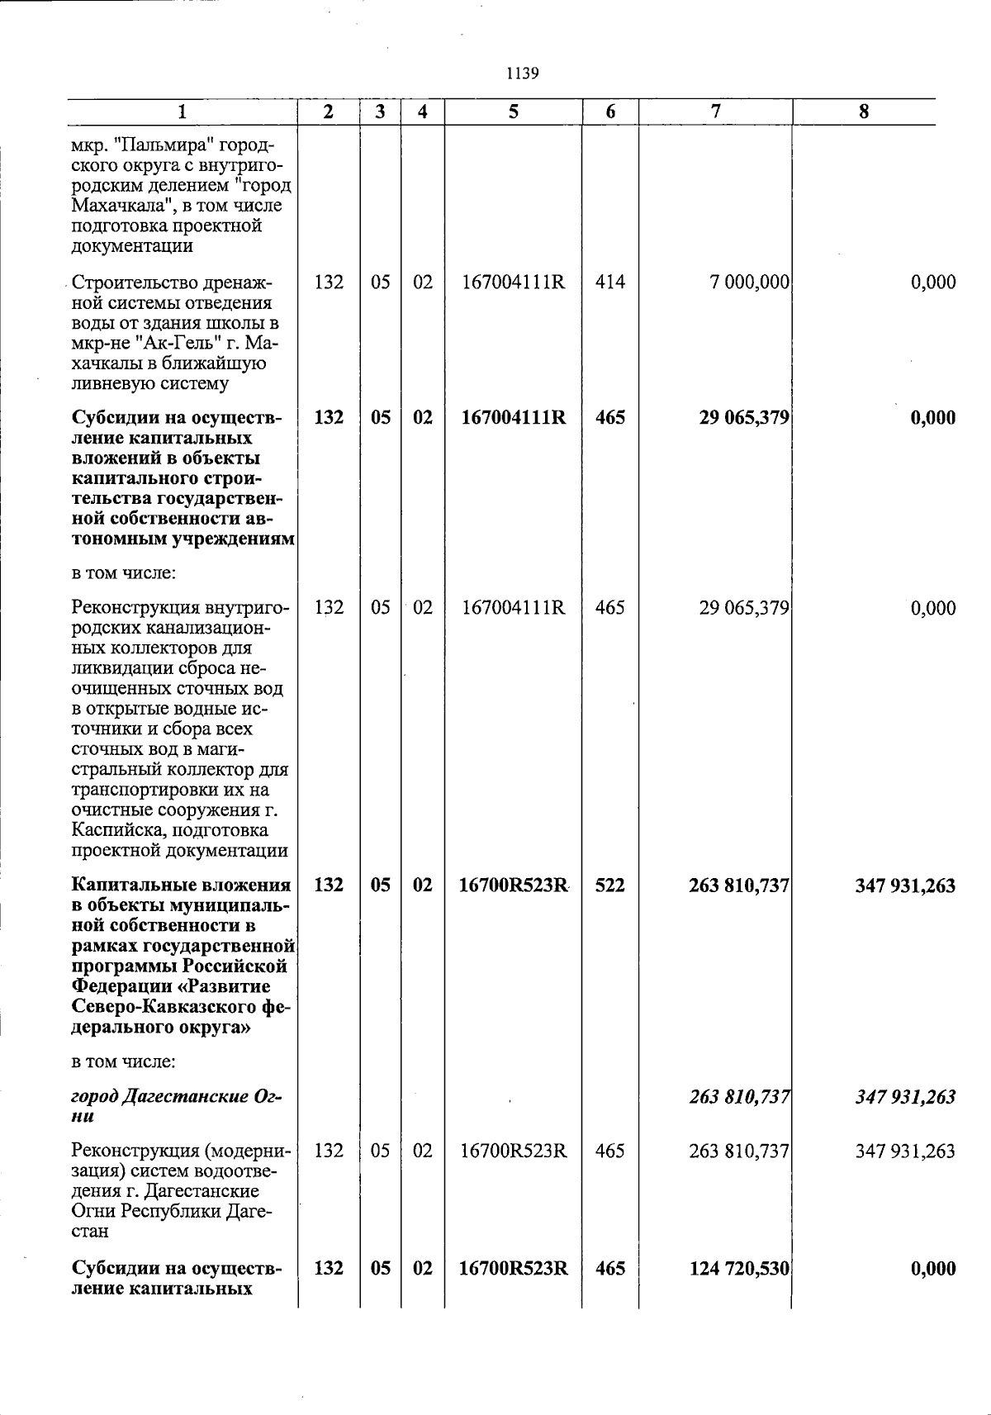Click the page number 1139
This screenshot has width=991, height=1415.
click(522, 74)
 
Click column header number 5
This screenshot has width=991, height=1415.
click(513, 112)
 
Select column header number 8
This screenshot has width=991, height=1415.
click(864, 112)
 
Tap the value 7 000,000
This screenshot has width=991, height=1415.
click(749, 283)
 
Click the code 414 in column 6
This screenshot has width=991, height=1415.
click(610, 283)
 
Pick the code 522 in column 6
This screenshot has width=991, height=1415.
click(610, 886)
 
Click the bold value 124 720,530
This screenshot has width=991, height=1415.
click(740, 1268)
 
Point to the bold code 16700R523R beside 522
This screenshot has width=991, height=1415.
click(513, 886)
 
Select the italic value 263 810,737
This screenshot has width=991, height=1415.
click(740, 1097)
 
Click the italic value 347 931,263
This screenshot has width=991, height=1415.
click(906, 1097)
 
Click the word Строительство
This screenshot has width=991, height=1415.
click(131, 283)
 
